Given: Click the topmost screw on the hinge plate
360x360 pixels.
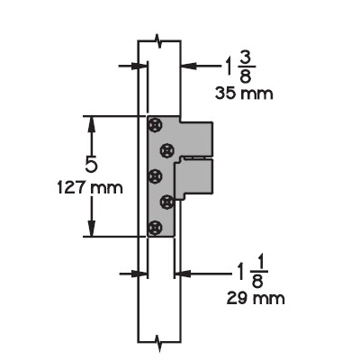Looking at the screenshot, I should point(157,124).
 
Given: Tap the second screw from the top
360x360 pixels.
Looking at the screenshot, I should point(166,149).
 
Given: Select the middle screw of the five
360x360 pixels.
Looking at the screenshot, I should point(157,175).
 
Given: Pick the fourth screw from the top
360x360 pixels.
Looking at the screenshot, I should point(166,201).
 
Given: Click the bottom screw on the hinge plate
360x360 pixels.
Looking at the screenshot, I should point(157,226).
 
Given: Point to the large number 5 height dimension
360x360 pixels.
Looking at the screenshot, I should point(92,166).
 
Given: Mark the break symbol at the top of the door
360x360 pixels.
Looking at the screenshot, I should point(158,41).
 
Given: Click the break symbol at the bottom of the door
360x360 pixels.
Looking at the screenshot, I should point(158,341).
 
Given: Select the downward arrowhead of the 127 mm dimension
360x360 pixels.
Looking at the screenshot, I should point(90,230).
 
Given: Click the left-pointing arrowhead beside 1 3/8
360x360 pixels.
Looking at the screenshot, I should point(185,66).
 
